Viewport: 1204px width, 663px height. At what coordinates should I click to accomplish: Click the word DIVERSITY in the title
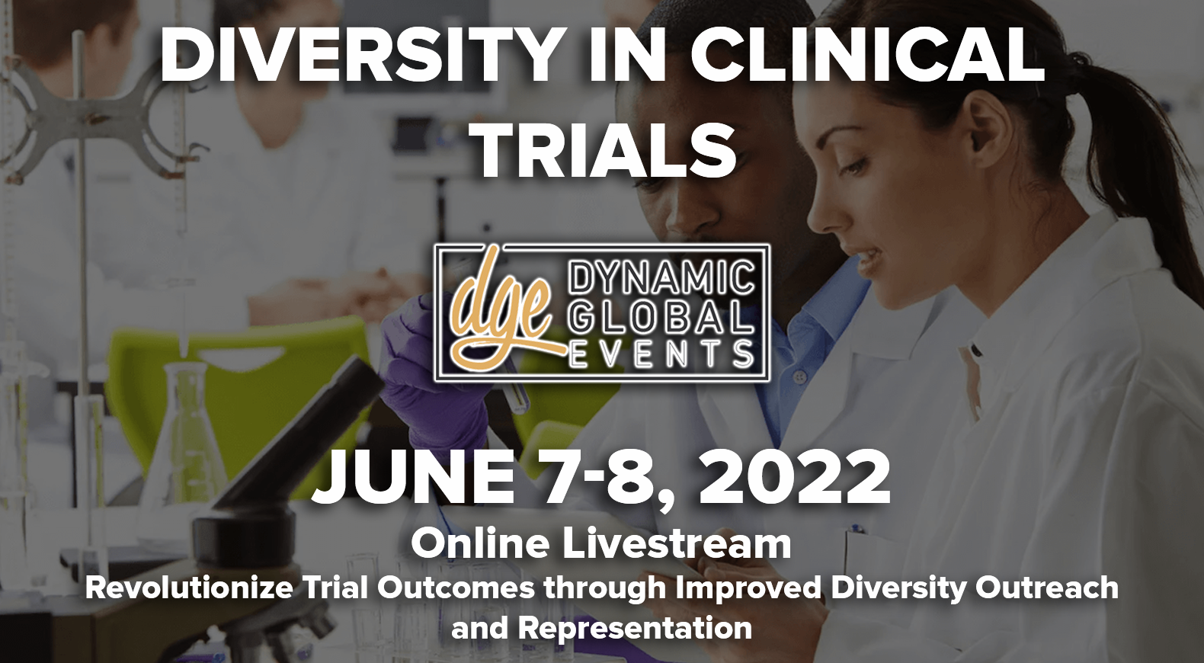coord(360,56)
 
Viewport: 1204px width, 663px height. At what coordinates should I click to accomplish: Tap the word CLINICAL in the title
coord(866,56)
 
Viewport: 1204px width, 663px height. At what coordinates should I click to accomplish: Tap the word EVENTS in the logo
coord(661,354)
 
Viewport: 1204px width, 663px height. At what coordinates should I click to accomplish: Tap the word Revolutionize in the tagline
coord(189,588)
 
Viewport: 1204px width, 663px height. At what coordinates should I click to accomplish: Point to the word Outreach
coord(1047,588)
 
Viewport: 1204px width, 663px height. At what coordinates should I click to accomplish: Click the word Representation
coord(635,629)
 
